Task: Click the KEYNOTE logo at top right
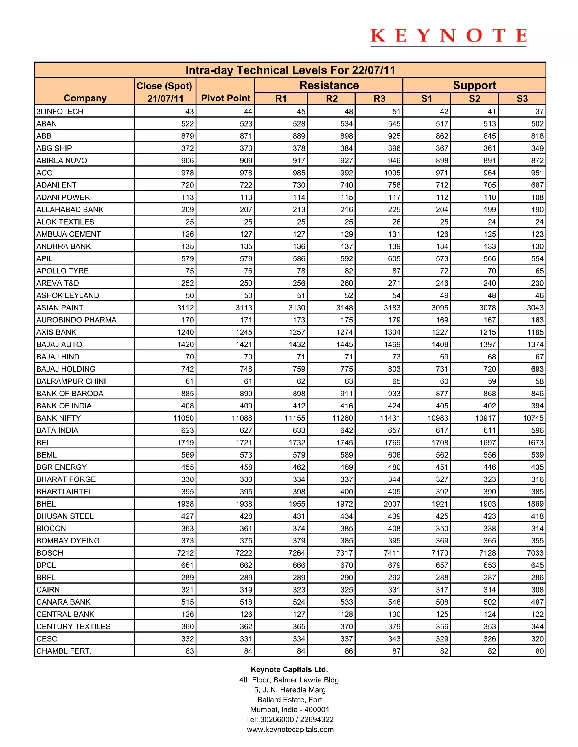click(x=448, y=37)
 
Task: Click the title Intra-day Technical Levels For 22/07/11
click(x=290, y=70)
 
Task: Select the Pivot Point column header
click(x=226, y=98)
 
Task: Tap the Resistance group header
click(x=329, y=85)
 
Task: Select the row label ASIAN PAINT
click(x=60, y=308)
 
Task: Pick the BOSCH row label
click(x=50, y=553)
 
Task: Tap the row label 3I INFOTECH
click(x=60, y=112)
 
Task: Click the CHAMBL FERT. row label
click(x=64, y=651)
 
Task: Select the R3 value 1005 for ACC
click(x=392, y=173)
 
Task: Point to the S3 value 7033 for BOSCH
click(x=535, y=553)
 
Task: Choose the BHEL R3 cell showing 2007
click(x=392, y=504)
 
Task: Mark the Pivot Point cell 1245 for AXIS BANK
click(x=244, y=332)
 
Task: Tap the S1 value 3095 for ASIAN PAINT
click(x=440, y=308)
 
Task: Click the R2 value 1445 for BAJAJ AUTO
click(x=345, y=344)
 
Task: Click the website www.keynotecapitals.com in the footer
click(x=290, y=729)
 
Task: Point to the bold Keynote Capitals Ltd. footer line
click(x=289, y=669)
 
